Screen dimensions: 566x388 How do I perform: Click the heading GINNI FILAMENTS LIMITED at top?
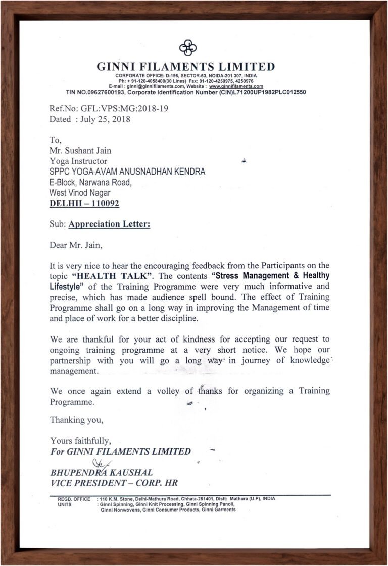(186, 67)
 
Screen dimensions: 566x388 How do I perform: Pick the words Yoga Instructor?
(78, 161)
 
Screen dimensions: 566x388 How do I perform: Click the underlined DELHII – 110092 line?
(84, 204)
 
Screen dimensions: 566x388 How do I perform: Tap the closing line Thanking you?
(77, 420)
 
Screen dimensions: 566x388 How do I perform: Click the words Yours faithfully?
(80, 441)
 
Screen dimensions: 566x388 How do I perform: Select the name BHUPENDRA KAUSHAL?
(101, 473)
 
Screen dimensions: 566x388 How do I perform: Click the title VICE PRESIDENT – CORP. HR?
(114, 483)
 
